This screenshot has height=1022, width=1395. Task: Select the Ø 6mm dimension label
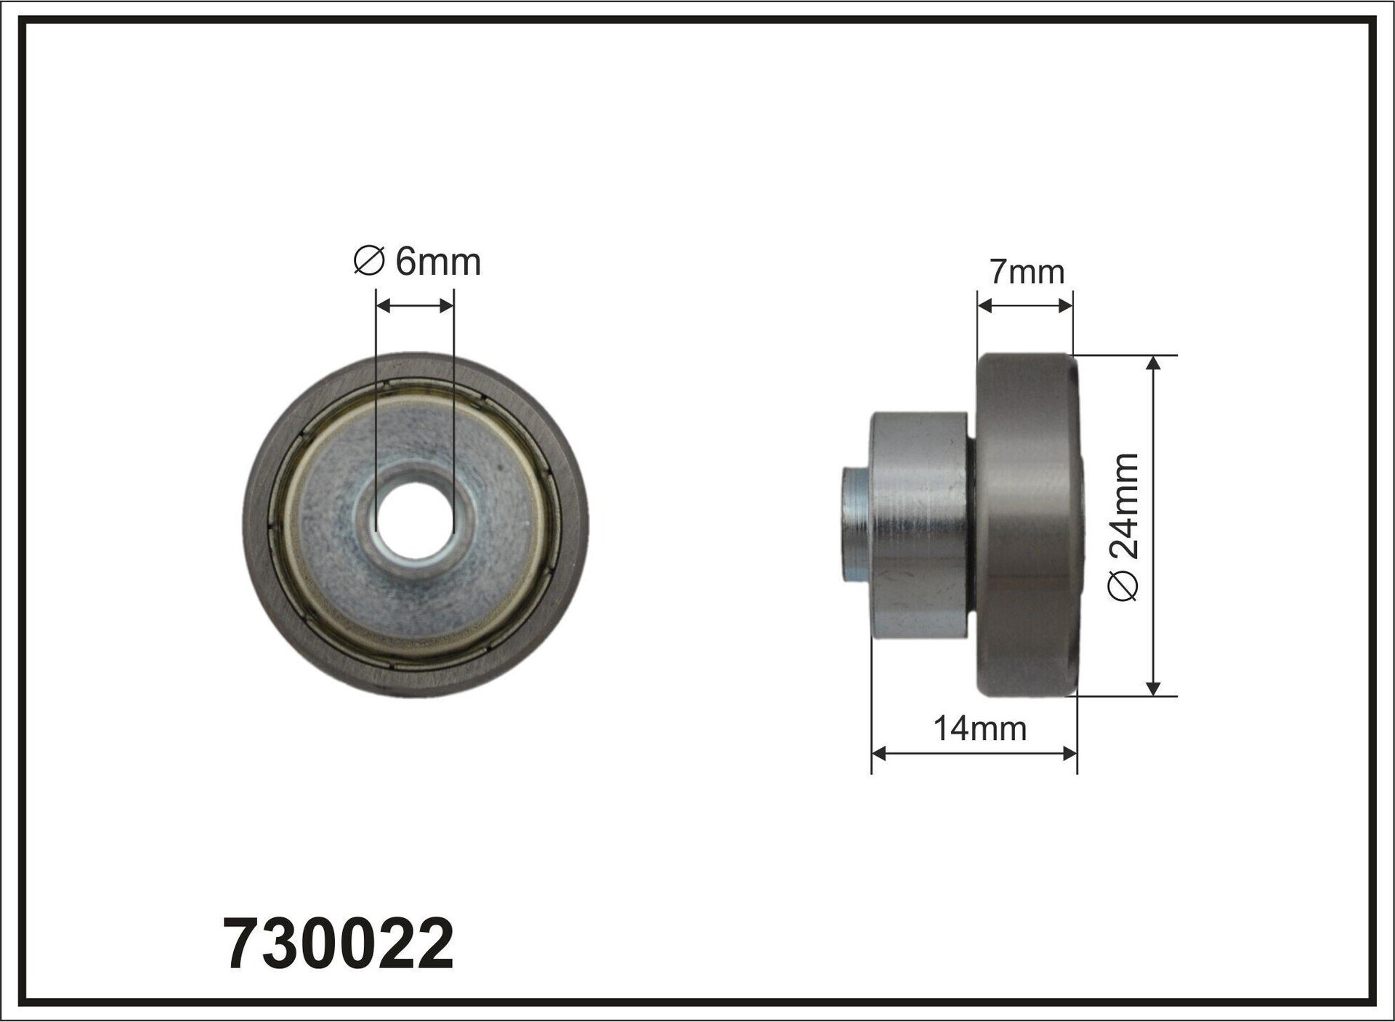coord(418,262)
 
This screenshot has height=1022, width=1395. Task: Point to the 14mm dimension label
coord(979,728)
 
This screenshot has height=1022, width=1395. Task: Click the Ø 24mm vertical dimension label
coord(1125,526)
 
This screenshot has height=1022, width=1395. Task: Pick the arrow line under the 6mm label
coord(415,306)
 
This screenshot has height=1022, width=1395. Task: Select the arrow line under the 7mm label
coord(1024,305)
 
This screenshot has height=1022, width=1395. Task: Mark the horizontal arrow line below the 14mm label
coord(974,754)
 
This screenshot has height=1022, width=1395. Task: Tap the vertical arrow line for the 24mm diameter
coord(1153,526)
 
